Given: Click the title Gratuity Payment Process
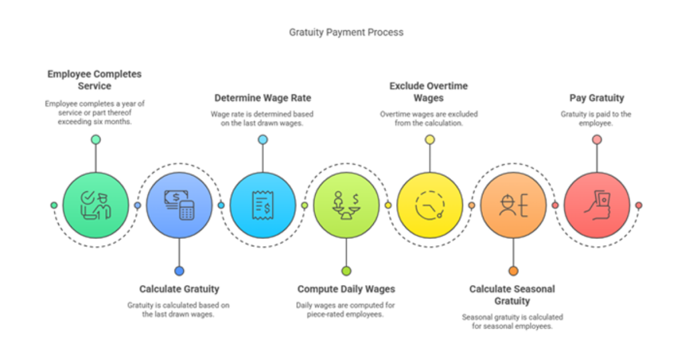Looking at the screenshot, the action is (346, 32).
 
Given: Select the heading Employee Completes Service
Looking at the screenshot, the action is (94, 80).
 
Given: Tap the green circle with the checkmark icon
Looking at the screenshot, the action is (96, 205).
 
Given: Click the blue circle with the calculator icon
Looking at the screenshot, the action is (179, 205).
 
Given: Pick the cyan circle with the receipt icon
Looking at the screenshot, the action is (262, 205).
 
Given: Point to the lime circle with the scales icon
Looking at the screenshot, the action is (346, 205).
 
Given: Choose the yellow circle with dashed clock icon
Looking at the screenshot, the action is (430, 205).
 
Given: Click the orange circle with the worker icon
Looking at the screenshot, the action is (513, 205).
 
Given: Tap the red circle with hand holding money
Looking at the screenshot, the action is (597, 205).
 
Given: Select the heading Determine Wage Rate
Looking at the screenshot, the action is (262, 98).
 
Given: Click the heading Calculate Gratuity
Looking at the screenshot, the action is (179, 289).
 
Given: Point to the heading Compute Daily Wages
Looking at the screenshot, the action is (346, 289).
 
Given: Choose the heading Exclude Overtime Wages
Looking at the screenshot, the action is (429, 92).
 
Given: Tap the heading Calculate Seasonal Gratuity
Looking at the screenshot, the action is (512, 295).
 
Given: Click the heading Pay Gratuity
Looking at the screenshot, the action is (597, 98).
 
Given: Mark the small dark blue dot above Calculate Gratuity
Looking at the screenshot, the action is (179, 271).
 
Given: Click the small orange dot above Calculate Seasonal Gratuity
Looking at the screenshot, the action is (513, 271).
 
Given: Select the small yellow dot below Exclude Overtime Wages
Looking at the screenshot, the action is (430, 139).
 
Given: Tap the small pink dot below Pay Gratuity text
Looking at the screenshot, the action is (597, 139).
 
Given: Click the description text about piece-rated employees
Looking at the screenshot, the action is (345, 310).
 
